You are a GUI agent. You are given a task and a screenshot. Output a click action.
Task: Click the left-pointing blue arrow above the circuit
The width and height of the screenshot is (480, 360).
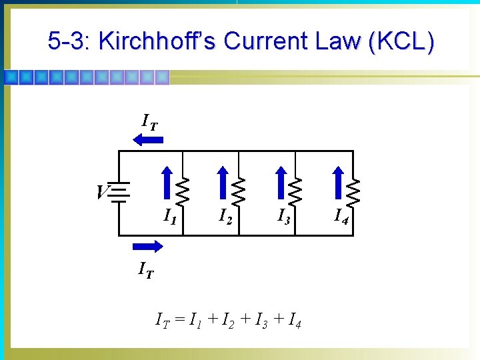point(148,139)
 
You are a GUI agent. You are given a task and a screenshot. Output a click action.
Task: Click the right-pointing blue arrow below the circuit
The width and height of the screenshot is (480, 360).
point(147,247)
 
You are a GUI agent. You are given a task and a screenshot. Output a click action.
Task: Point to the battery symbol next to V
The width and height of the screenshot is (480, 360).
point(119,193)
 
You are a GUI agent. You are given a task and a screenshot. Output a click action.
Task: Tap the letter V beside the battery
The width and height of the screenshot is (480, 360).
point(101,193)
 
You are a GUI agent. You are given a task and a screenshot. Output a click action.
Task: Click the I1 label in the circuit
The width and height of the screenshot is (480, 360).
point(171,216)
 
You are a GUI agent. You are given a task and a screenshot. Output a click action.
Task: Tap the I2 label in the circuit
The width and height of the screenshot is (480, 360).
point(226,216)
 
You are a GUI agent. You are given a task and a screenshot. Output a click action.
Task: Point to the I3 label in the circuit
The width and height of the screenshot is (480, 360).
point(284,216)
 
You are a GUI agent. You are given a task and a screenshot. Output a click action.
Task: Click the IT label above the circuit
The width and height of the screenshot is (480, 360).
point(150,121)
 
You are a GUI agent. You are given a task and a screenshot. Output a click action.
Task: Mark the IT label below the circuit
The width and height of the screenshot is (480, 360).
point(145,270)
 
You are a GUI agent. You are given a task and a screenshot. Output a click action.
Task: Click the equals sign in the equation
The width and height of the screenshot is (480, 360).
point(180,323)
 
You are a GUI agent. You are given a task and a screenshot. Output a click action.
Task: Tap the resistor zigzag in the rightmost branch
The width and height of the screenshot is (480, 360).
point(353,193)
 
